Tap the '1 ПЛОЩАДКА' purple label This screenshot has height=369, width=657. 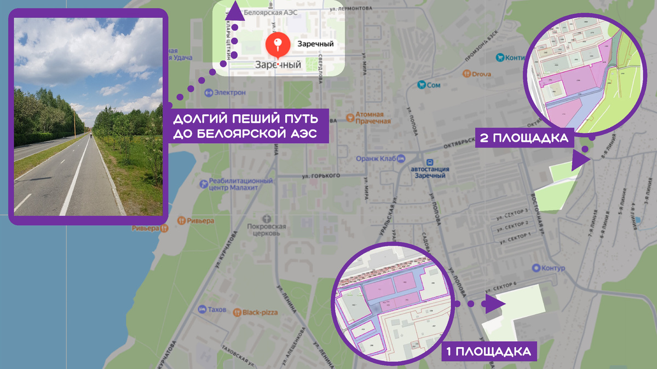point(489,351)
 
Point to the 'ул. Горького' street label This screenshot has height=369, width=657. point(321,175)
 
